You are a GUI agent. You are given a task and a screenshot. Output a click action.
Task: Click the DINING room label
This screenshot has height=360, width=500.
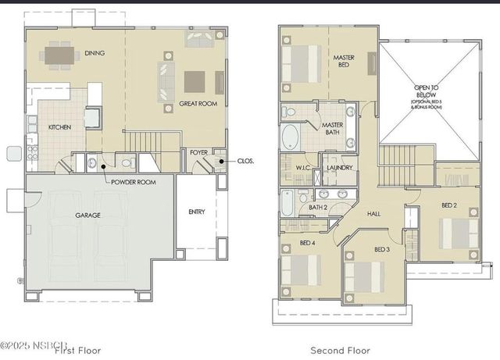point(95,53)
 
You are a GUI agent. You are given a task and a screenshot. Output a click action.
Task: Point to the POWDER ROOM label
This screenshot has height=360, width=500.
point(134,182)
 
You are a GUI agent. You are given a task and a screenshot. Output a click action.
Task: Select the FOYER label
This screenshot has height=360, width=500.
point(198,153)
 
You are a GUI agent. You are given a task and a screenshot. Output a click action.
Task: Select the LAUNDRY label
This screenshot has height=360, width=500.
point(338,168)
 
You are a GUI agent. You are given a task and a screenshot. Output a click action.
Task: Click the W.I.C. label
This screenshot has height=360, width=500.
point(305,168)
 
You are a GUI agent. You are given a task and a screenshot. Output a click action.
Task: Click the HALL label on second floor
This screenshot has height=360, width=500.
point(373,212)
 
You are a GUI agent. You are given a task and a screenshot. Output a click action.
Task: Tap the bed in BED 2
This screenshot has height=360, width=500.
point(453,233)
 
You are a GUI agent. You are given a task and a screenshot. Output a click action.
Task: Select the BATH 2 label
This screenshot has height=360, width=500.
point(317,207)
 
